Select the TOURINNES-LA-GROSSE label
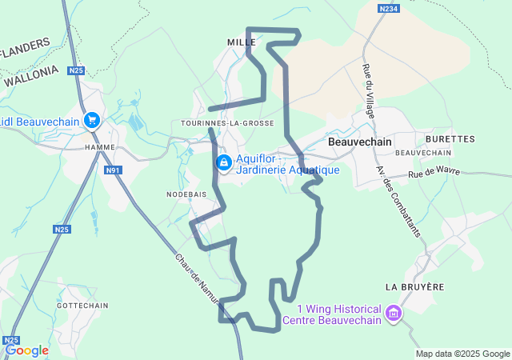click(228, 123)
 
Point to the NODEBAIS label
click(186, 194)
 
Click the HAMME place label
click(100, 148)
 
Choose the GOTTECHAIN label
click(82, 306)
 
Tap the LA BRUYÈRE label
click(414, 286)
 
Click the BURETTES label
click(450, 138)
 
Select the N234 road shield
click(388, 8)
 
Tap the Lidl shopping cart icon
click(92, 120)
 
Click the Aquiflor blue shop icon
click(223, 164)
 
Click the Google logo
click(26, 350)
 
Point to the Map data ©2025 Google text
click(462, 354)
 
